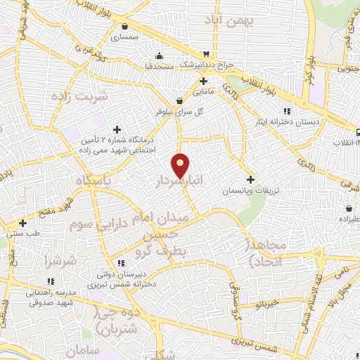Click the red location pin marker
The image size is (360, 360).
[x=181, y=165]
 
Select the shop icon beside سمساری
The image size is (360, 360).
[x=124, y=26]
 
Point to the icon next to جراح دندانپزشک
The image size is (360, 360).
[x=206, y=54]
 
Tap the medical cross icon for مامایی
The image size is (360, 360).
[x=203, y=81]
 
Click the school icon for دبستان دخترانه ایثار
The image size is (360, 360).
[x=286, y=111]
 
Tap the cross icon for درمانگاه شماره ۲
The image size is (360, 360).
[x=117, y=129]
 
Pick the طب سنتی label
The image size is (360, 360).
[x=22, y=233]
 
